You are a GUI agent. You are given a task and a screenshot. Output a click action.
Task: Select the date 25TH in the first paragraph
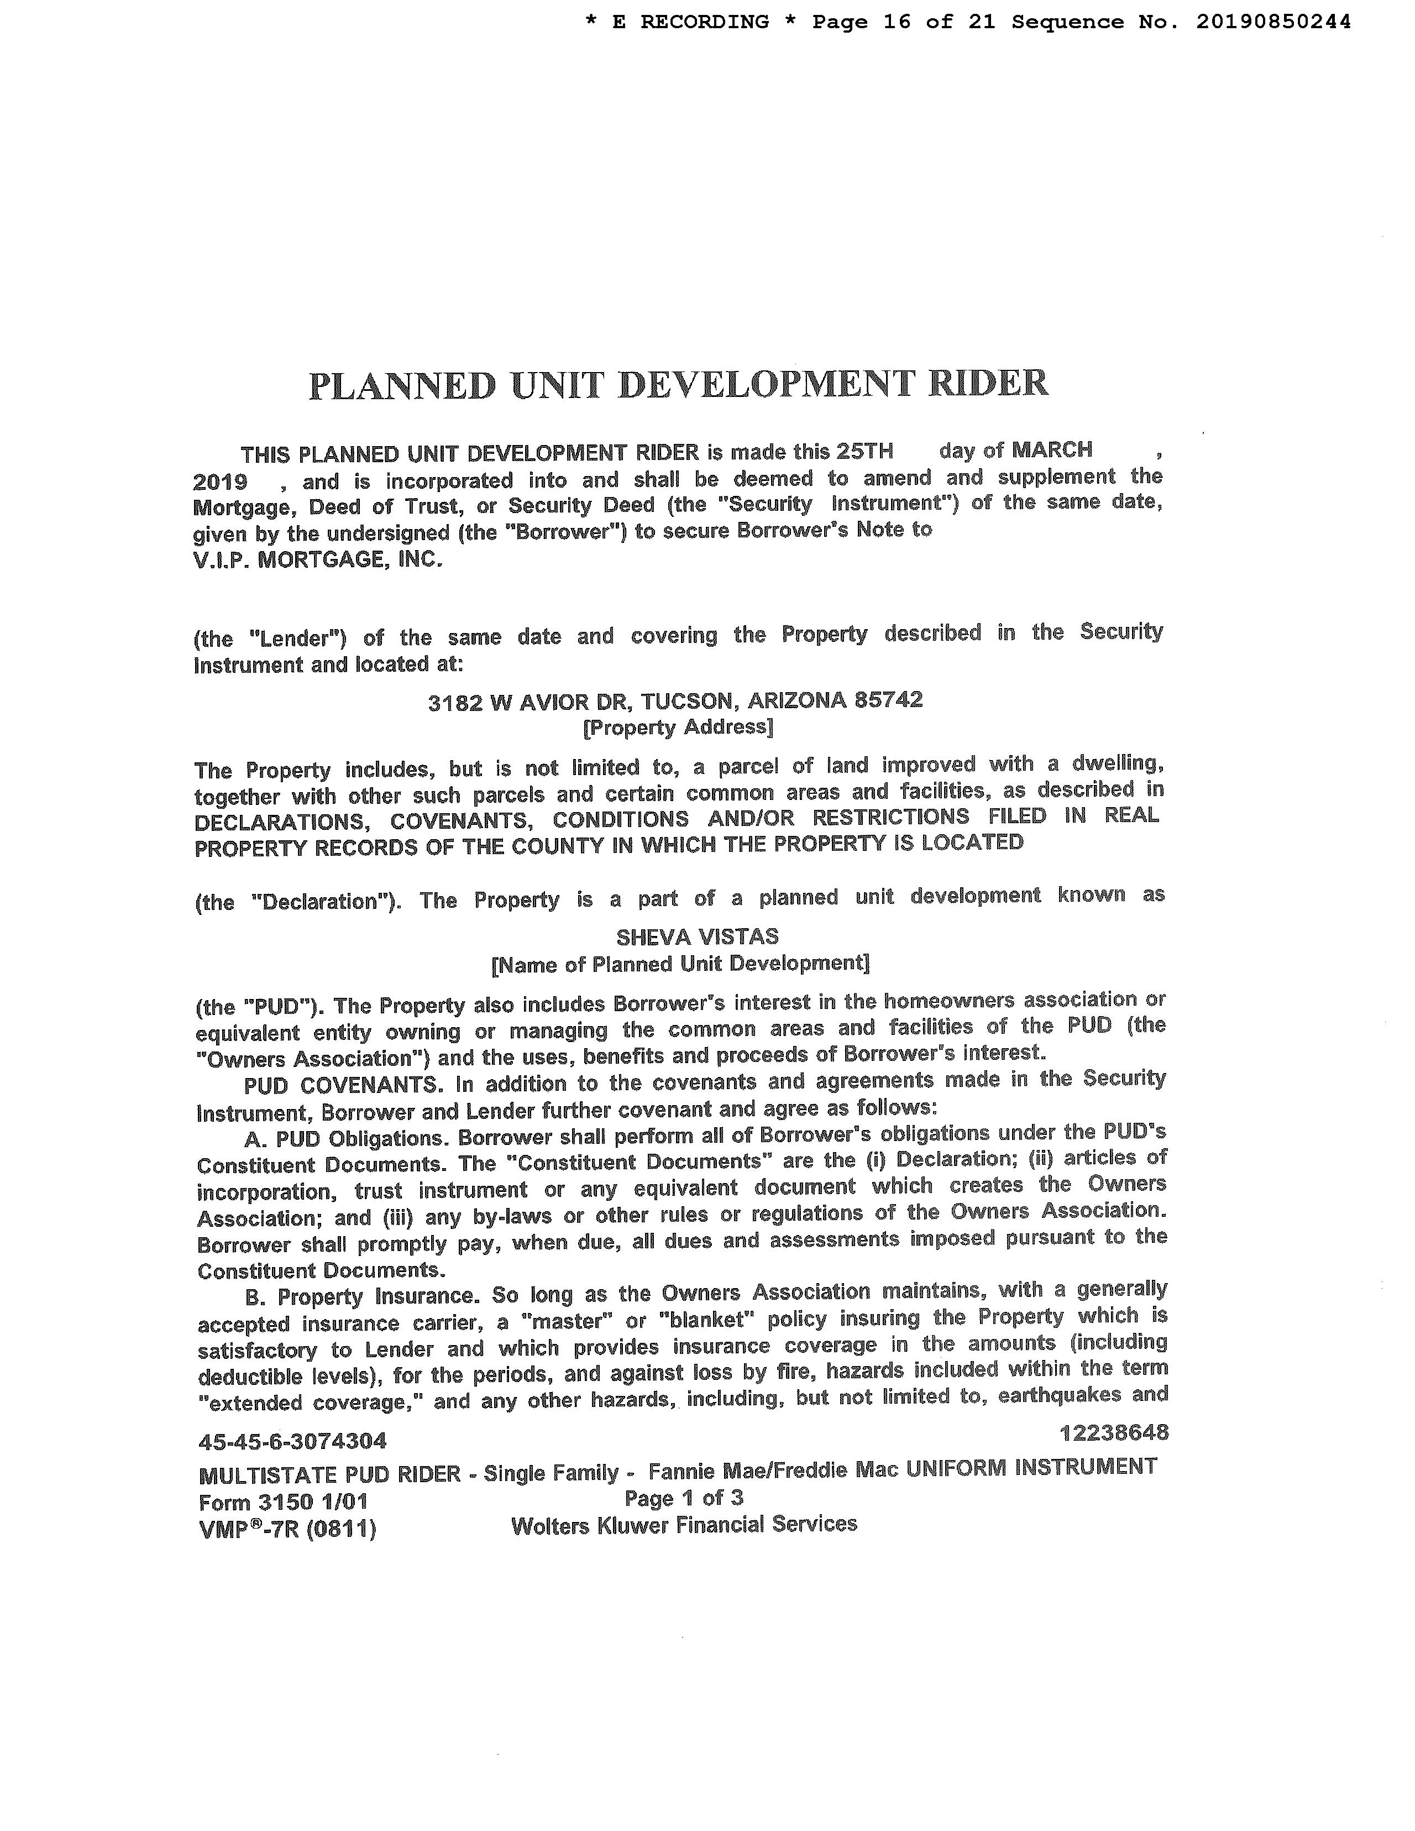tap(865, 451)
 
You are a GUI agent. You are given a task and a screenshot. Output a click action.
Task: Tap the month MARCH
tap(1052, 449)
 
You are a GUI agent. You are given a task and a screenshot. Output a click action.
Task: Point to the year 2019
tap(219, 482)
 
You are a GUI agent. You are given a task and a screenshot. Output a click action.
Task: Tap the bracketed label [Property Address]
tap(677, 726)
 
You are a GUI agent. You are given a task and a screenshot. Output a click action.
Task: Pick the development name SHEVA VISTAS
tap(698, 937)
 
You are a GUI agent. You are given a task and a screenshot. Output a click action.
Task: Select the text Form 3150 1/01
tap(284, 1501)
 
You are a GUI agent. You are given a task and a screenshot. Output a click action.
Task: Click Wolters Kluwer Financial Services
tap(684, 1524)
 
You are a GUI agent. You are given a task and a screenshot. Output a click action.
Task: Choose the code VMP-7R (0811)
tap(287, 1529)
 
